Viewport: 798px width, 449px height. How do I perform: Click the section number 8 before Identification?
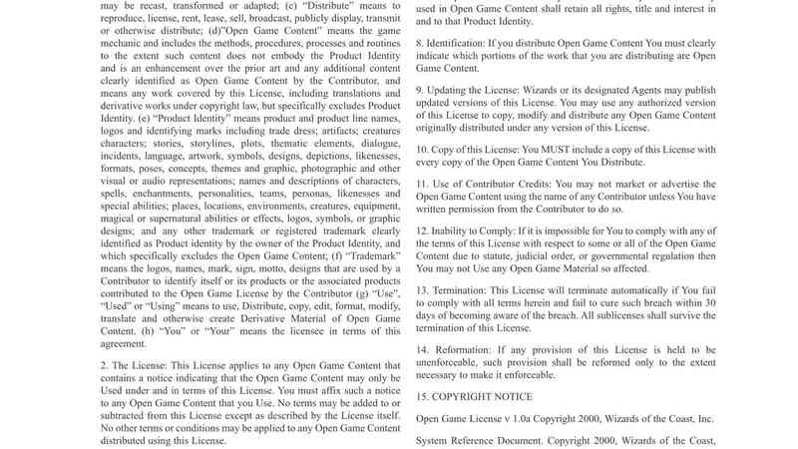[420, 44]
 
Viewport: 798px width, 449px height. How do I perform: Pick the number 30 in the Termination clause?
[708, 302]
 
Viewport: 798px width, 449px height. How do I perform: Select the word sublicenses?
[619, 315]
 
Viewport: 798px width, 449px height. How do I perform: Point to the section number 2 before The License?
[105, 366]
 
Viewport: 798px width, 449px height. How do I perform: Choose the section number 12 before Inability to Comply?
[423, 229]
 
